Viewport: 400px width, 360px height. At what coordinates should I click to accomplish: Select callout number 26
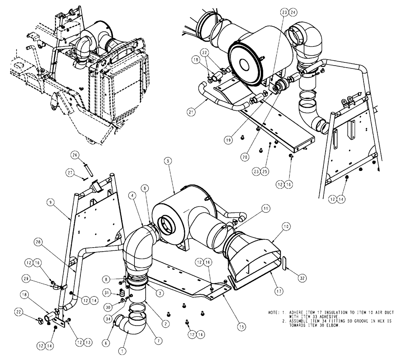pyautogui.click(x=74, y=155)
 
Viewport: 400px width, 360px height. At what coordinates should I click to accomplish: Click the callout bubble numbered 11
pyautogui.click(x=265, y=208)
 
